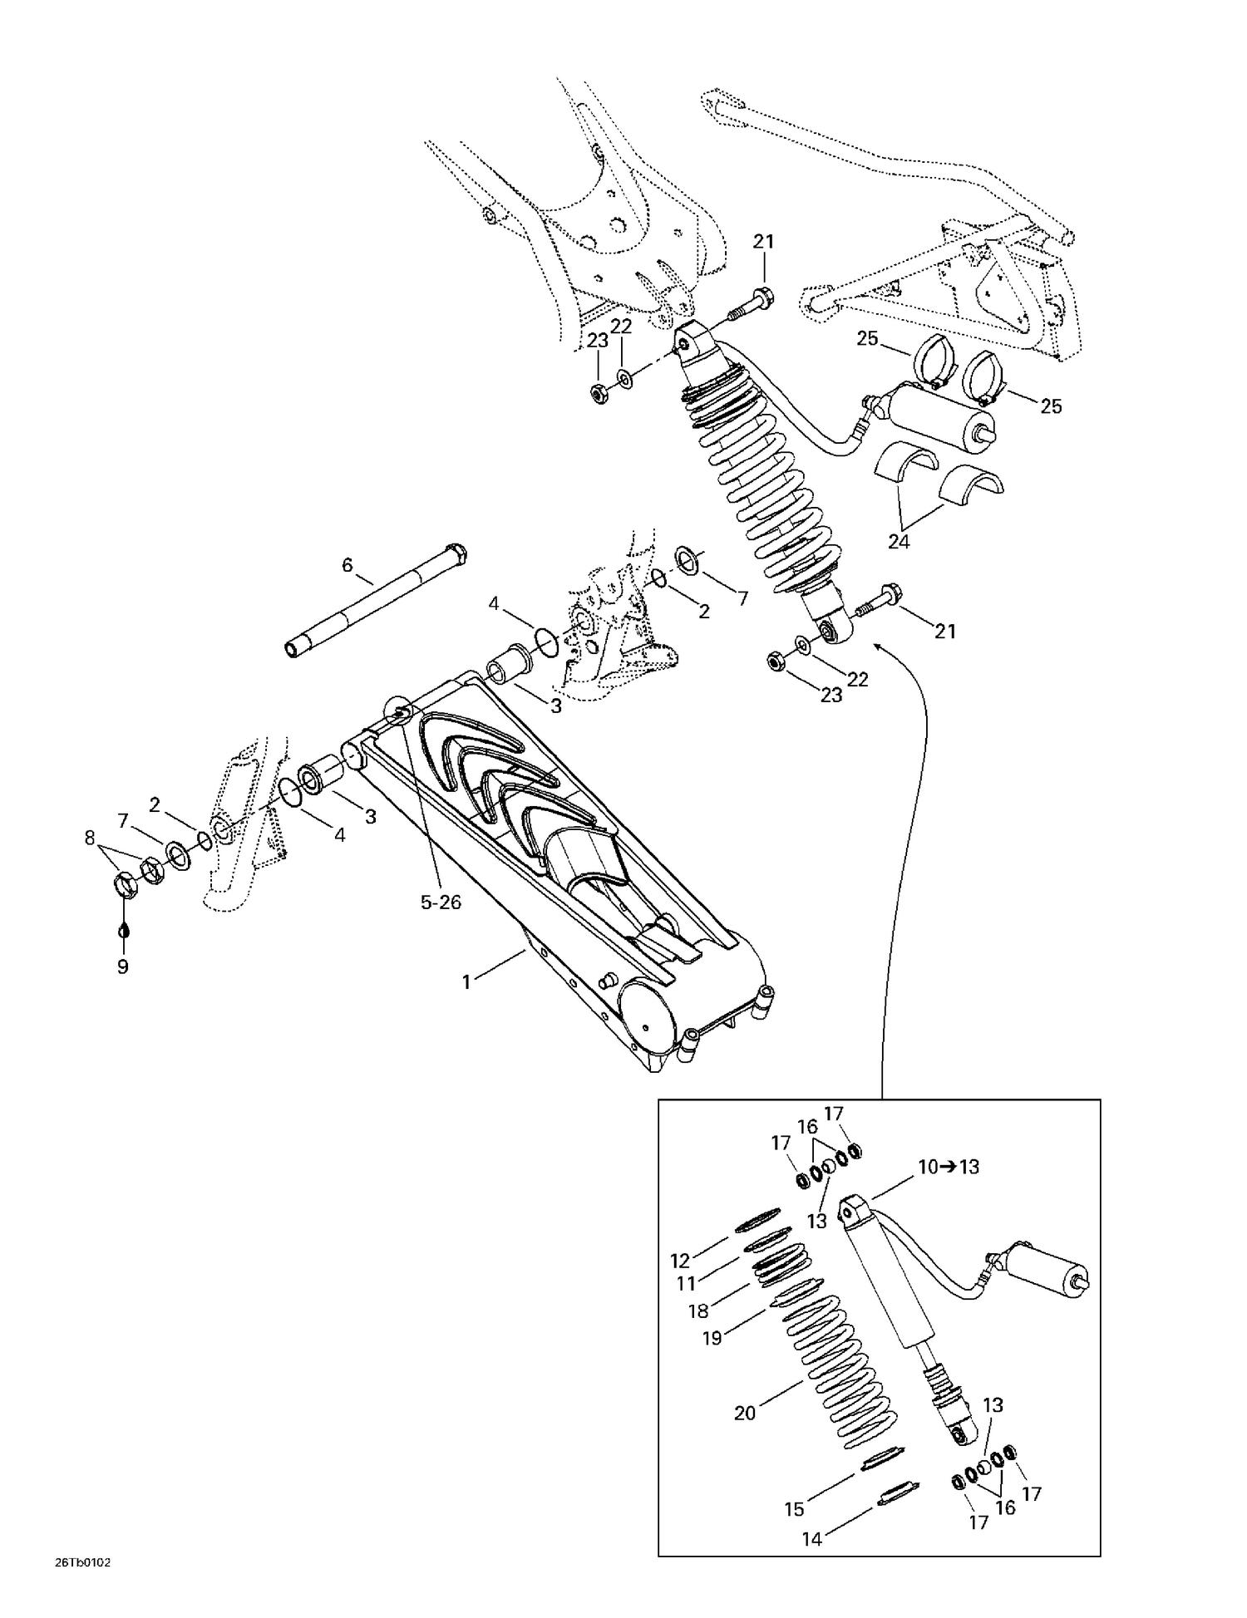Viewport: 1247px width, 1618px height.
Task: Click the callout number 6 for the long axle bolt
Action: [x=347, y=566]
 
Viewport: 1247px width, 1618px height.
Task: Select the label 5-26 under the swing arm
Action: [x=441, y=902]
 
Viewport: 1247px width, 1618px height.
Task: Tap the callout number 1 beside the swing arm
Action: [x=466, y=982]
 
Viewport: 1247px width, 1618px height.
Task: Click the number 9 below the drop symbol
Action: [x=123, y=966]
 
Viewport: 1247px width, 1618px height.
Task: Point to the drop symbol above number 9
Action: [x=123, y=928]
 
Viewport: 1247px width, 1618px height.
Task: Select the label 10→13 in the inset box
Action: [x=948, y=1167]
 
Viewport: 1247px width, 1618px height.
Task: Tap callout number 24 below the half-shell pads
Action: [x=899, y=542]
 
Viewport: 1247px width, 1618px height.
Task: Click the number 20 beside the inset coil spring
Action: [x=745, y=1413]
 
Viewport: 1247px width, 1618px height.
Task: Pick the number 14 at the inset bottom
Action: [x=812, y=1539]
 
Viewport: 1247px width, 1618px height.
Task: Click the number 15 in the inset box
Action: [x=795, y=1509]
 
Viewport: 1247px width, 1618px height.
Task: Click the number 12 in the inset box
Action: [x=681, y=1261]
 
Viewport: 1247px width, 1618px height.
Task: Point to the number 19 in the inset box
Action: [x=712, y=1338]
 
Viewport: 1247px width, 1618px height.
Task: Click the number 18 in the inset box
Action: [x=698, y=1311]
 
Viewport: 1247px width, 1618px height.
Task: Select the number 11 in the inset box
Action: [x=686, y=1284]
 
